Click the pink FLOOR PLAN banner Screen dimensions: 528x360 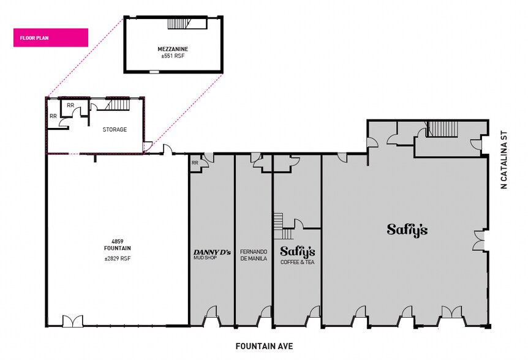coord(50,38)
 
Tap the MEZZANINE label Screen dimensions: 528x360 coord(173,49)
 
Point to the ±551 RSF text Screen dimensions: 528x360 coord(173,56)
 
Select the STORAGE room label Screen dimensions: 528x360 coord(115,130)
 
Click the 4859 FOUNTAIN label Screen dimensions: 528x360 coord(117,245)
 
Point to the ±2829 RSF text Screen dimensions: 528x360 coord(117,259)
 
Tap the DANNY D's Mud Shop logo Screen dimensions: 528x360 coord(212,254)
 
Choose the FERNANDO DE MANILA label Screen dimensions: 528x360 coord(254,255)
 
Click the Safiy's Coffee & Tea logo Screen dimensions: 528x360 coord(298,255)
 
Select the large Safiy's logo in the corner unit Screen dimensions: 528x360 coord(407,230)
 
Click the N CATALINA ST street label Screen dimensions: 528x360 coord(503,160)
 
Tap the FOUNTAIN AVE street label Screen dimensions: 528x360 coord(265,346)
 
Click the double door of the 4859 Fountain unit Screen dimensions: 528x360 coord(72,321)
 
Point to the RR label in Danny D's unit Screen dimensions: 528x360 coord(195,163)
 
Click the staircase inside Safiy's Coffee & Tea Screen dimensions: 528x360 coord(283,226)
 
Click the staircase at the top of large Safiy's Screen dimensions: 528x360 coord(442,129)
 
